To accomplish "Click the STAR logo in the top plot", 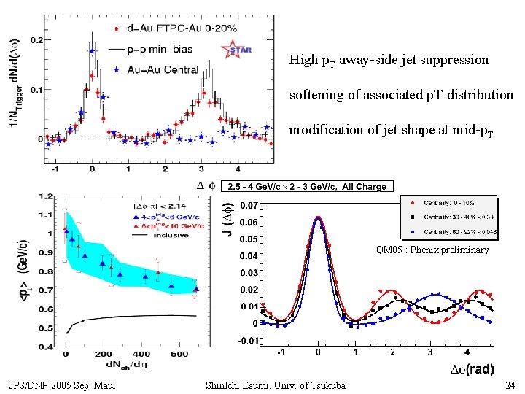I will (237, 50).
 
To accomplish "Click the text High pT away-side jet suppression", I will (389, 60).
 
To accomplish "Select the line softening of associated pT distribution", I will (401, 95).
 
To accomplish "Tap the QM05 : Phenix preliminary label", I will (432, 250).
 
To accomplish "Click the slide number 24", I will (510, 385).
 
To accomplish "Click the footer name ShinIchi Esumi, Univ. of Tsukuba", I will (276, 385).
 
